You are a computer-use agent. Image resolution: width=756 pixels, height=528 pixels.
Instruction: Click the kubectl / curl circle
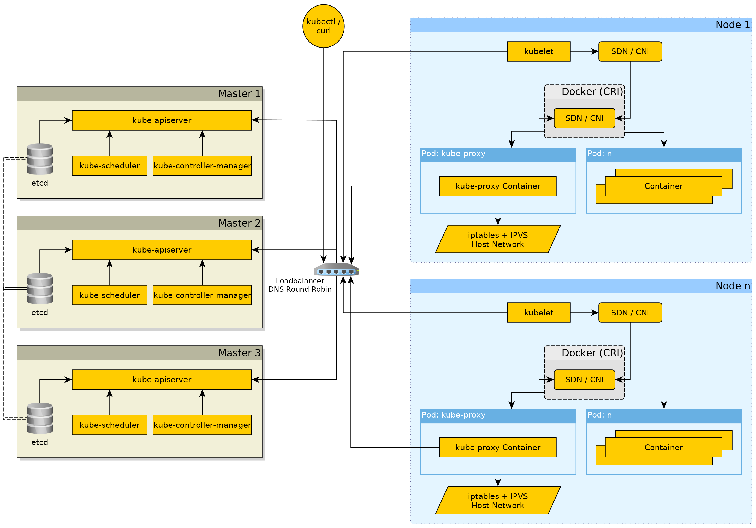(x=323, y=26)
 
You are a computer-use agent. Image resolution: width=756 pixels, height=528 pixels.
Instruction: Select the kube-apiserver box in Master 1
(x=162, y=120)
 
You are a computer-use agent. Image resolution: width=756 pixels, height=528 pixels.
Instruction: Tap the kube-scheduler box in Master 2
(x=109, y=295)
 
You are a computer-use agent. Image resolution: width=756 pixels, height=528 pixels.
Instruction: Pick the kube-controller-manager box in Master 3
(x=202, y=425)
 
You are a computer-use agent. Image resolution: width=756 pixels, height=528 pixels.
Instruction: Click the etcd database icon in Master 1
(x=40, y=159)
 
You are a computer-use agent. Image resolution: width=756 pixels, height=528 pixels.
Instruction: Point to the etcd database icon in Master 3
(x=40, y=418)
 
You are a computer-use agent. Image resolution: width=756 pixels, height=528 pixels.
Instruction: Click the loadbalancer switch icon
(x=336, y=270)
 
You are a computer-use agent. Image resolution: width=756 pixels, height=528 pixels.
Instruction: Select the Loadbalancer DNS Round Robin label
(x=300, y=285)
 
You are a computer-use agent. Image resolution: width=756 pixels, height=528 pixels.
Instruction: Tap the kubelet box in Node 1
(x=539, y=51)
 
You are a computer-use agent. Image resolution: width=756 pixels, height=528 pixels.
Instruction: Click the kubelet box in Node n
(x=539, y=313)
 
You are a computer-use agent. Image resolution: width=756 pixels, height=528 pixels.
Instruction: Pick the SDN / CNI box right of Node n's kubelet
(x=630, y=313)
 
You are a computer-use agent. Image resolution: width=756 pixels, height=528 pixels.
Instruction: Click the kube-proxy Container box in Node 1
(x=498, y=186)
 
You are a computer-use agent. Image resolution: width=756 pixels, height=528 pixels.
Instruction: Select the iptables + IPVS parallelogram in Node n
(x=498, y=500)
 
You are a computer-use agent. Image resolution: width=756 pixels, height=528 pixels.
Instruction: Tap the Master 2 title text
(x=239, y=223)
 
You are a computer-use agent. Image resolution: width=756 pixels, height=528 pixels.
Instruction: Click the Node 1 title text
(x=733, y=25)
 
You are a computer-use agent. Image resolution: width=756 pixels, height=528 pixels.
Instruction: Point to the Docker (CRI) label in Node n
(x=592, y=353)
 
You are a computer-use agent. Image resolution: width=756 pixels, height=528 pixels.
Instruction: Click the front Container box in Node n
(x=663, y=447)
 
